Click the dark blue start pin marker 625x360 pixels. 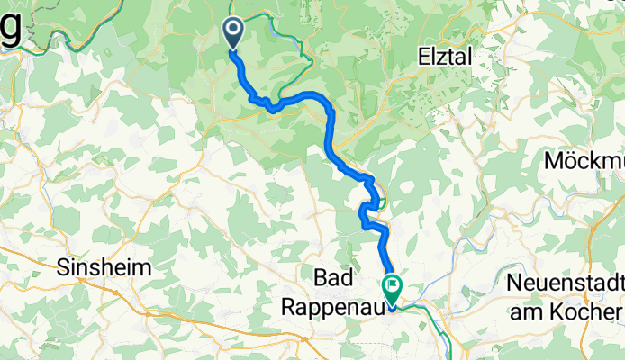pyautogui.click(x=232, y=34)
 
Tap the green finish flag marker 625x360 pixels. pyautogui.click(x=393, y=289)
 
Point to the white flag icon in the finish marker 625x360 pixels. pyautogui.click(x=394, y=287)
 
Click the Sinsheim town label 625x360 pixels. pyautogui.click(x=96, y=267)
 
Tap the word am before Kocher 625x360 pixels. pyautogui.click(x=543, y=311)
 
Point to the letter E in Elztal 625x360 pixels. pyautogui.click(x=424, y=56)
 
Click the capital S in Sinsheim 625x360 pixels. pyautogui.click(x=62, y=267)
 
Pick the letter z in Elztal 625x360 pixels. pyautogui.click(x=442, y=56)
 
